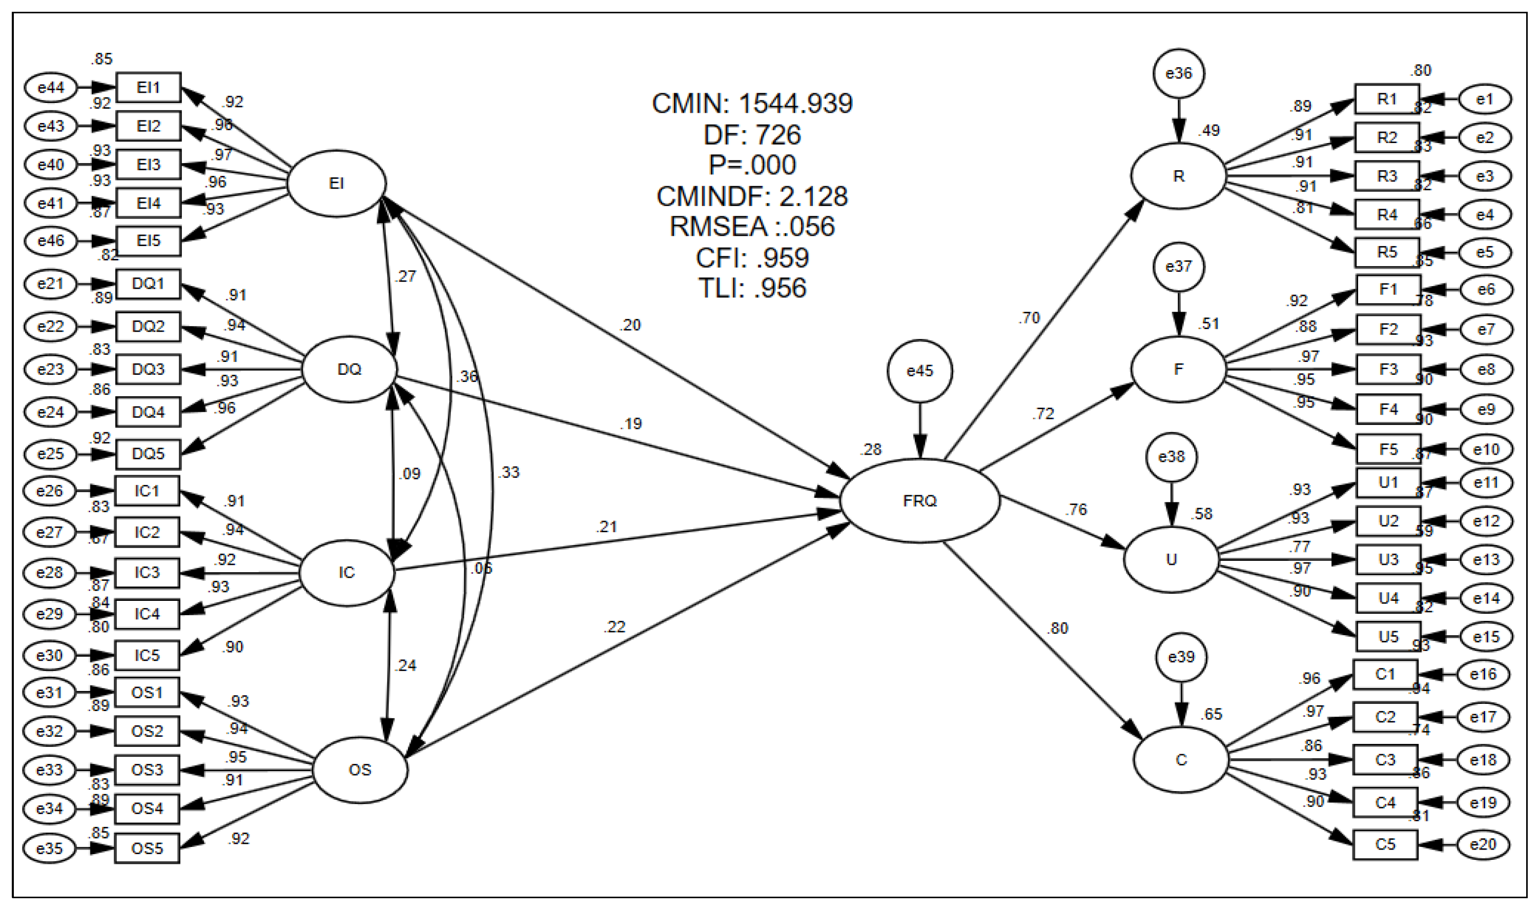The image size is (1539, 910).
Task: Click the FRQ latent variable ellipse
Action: point(919,500)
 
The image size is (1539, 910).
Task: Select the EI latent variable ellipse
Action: point(337,184)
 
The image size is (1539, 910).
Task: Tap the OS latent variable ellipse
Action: point(360,769)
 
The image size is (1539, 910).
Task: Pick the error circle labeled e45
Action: point(919,371)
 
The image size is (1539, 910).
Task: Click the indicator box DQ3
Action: point(148,369)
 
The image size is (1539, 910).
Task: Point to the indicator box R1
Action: point(1386,99)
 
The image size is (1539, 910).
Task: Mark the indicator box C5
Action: point(1385,844)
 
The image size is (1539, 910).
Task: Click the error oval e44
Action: point(51,88)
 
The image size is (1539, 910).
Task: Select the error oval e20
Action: point(1483,844)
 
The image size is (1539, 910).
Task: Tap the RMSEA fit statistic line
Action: point(751,226)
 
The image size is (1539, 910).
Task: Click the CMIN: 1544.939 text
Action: point(751,103)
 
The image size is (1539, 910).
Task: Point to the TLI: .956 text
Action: point(751,288)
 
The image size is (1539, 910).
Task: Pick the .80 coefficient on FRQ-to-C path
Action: point(1058,628)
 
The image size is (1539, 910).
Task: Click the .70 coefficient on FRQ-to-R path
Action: point(1029,318)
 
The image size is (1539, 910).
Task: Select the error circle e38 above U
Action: point(1171,457)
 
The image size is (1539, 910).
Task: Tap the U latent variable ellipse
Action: point(1171,559)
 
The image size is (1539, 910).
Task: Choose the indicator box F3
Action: point(1388,369)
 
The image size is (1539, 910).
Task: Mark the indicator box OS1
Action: point(147,692)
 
